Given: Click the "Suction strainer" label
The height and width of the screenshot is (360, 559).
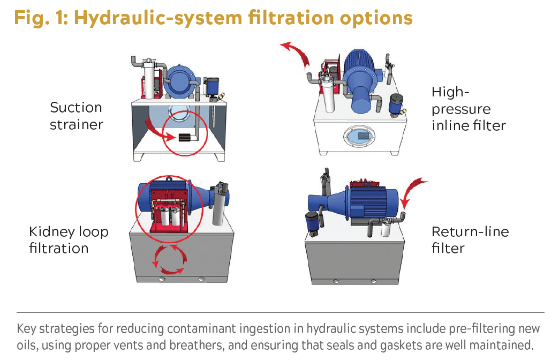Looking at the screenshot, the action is coord(76,116).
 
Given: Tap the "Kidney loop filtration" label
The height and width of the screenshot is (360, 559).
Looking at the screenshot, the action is coord(69,240).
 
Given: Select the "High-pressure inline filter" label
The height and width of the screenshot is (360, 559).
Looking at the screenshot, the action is coord(469,109).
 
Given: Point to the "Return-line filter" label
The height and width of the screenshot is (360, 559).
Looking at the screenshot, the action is coord(470,240).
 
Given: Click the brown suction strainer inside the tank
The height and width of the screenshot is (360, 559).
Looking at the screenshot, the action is coord(184,137).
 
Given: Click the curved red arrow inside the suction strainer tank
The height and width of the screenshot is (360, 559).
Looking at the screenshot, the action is coord(159,131).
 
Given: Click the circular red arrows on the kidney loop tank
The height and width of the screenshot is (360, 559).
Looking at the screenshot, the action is coord(170,259).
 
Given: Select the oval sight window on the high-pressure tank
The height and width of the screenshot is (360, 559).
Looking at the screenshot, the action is coord(359,136).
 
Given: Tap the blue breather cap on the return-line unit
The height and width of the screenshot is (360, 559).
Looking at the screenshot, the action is coord(312,223).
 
